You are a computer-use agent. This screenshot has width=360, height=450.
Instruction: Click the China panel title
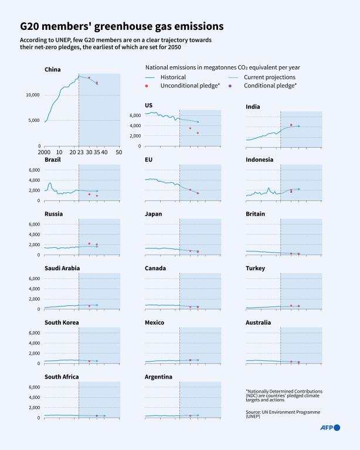(53, 70)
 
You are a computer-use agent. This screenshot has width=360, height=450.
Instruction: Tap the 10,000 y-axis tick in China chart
(31, 95)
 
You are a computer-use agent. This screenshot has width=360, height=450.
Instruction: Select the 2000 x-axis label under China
(45, 152)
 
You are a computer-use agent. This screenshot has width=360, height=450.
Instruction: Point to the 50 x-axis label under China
(119, 152)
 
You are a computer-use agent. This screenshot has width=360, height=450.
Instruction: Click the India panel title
(253, 107)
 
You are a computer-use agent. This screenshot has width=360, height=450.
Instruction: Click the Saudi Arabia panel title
(62, 268)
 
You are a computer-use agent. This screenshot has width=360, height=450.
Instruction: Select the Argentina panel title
(158, 377)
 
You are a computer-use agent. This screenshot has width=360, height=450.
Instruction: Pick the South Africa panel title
(62, 377)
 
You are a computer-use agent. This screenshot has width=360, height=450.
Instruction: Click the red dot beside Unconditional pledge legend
(147, 86)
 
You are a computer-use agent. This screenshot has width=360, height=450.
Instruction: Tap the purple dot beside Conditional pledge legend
(230, 86)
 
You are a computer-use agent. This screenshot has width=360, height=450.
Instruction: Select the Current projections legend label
(269, 77)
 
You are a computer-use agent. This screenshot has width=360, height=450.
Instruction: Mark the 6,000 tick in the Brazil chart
(34, 170)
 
